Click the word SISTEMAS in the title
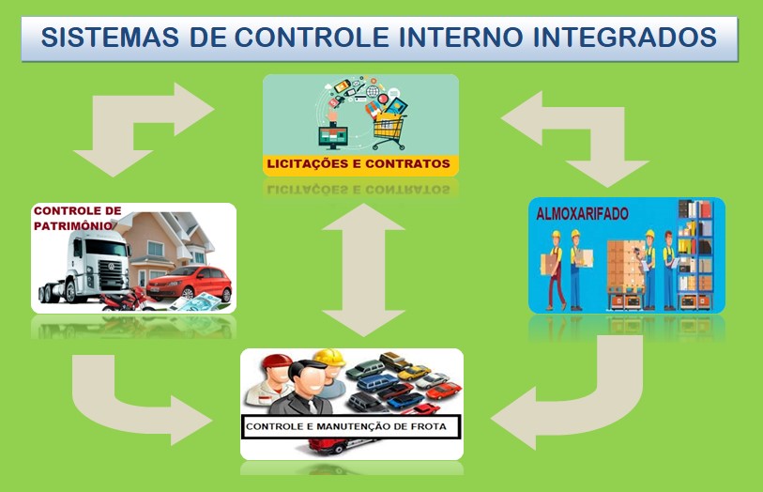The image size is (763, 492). click(110, 38)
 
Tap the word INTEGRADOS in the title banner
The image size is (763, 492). click(625, 38)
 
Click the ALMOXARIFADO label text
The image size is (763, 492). click(582, 214)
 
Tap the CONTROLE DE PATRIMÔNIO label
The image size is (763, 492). click(77, 218)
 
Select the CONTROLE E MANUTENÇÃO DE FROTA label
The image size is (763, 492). click(346, 427)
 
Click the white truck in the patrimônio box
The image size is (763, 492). click(85, 265)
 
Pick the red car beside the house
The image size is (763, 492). click(190, 284)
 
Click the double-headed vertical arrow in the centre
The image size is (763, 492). click(363, 269)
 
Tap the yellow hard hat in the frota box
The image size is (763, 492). click(329, 358)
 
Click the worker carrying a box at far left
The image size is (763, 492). click(554, 270)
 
